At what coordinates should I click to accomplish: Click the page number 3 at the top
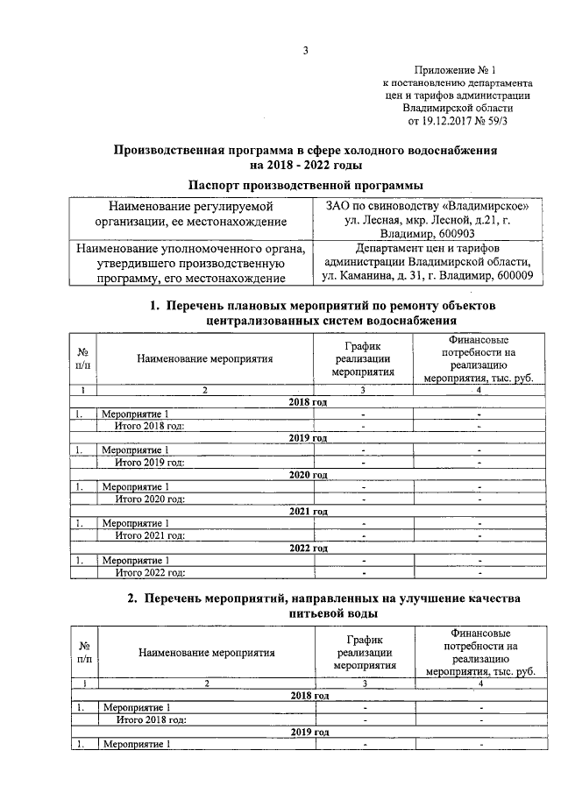coord(306,50)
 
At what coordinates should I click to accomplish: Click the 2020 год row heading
coord(308,475)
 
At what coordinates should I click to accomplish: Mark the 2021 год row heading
coord(308,511)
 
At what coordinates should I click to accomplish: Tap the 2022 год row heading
coord(308,548)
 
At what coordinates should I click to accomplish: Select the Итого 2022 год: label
coord(150,572)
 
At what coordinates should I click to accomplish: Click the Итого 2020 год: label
coord(150,499)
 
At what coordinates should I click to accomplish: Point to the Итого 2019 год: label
coord(150,463)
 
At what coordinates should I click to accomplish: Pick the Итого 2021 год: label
coord(150,535)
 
